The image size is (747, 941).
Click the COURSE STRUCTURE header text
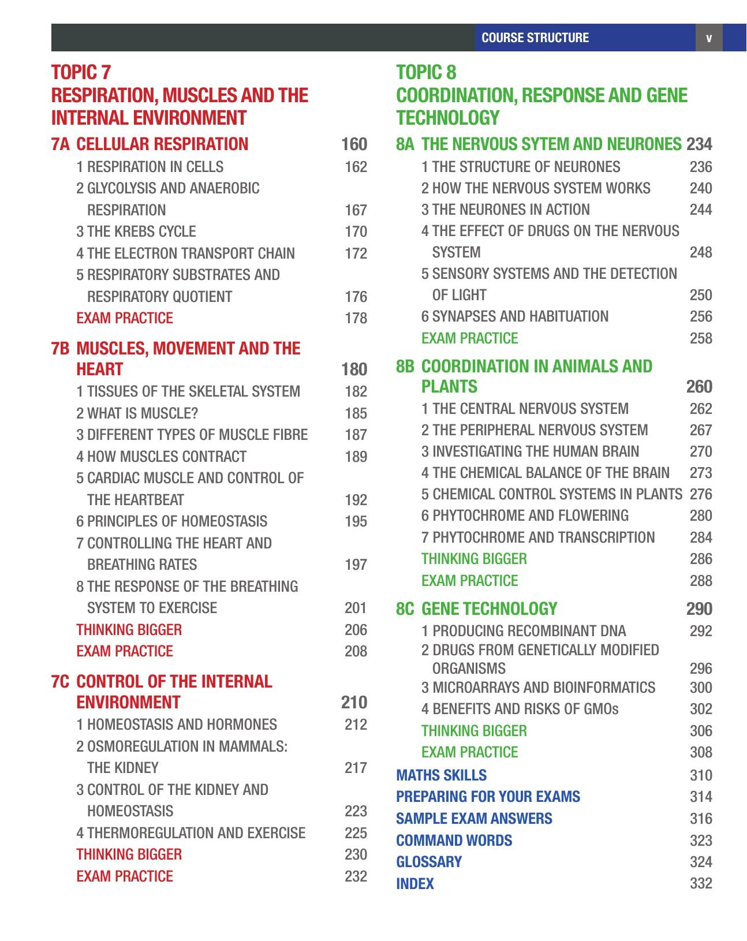click(535, 38)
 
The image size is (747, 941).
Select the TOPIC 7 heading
click(81, 73)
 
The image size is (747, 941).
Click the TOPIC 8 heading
click(426, 73)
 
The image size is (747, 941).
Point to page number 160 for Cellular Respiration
click(354, 144)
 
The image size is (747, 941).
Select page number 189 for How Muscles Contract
click(356, 457)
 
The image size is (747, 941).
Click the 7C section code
click(60, 682)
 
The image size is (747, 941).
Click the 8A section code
click(405, 144)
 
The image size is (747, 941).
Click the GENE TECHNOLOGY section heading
click(489, 609)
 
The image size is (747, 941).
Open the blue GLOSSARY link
click(429, 862)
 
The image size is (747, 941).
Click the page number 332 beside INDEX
click(701, 884)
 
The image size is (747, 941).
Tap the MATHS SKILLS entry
click(441, 775)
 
